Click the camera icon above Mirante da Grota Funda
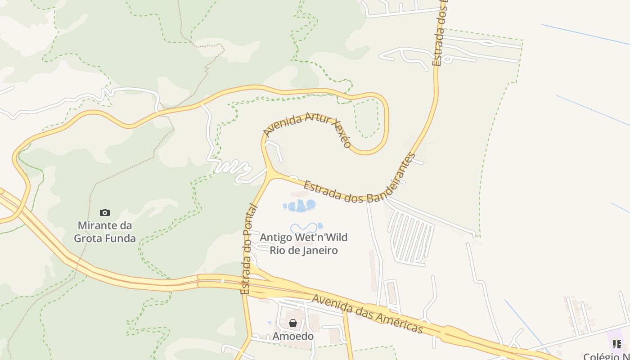tap(105, 212)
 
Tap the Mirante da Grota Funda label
tap(105, 232)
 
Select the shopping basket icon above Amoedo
tap(293, 323)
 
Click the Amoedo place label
tap(293, 336)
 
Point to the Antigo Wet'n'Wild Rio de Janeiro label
tap(304, 243)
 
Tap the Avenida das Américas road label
tap(367, 314)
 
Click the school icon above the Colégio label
tap(617, 344)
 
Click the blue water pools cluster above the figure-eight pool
tap(301, 206)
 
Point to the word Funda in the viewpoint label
tap(121, 238)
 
